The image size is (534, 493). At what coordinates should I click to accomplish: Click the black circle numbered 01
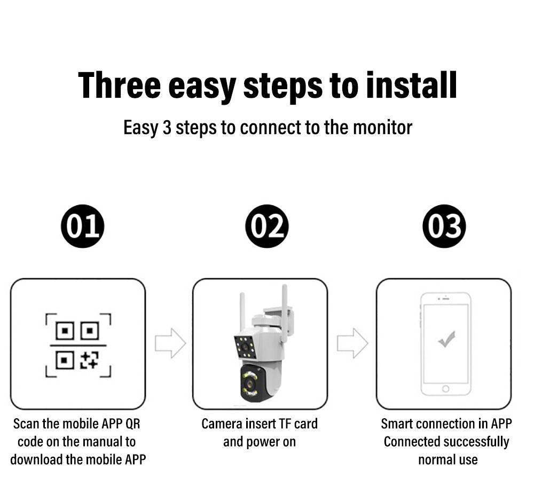82,226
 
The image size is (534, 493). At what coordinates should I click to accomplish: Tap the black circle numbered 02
266,226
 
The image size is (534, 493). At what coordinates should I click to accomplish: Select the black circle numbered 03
444,226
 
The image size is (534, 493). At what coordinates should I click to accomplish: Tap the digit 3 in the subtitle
167,128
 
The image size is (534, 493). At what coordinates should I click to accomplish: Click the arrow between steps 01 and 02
170,343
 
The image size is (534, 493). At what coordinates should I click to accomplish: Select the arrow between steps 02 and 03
352,343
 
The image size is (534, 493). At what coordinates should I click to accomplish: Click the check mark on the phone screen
446,339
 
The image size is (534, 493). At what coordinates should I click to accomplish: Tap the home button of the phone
445,389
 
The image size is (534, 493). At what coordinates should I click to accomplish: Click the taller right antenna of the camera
285,314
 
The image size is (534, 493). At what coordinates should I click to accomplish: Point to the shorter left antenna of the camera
242,312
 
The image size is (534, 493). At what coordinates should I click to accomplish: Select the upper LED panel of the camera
245,347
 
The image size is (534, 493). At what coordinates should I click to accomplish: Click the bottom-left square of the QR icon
65,360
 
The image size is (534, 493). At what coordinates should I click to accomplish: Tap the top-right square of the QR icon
90,331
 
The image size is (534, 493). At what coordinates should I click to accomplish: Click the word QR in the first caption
133,424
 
